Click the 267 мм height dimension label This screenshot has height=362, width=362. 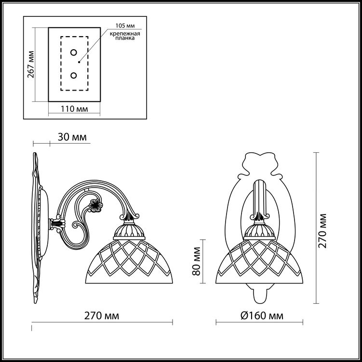point(31,64)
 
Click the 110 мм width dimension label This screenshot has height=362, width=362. point(74,109)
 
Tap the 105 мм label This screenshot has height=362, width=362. point(125,26)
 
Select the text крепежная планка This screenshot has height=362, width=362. point(125,36)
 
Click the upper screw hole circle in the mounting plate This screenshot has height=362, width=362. point(73,53)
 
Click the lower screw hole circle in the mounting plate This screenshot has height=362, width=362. point(73,75)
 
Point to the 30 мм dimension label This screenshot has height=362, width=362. point(72,137)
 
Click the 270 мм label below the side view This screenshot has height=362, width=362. point(102,315)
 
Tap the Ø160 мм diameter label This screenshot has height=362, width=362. point(262,315)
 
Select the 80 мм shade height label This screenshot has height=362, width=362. point(197,261)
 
